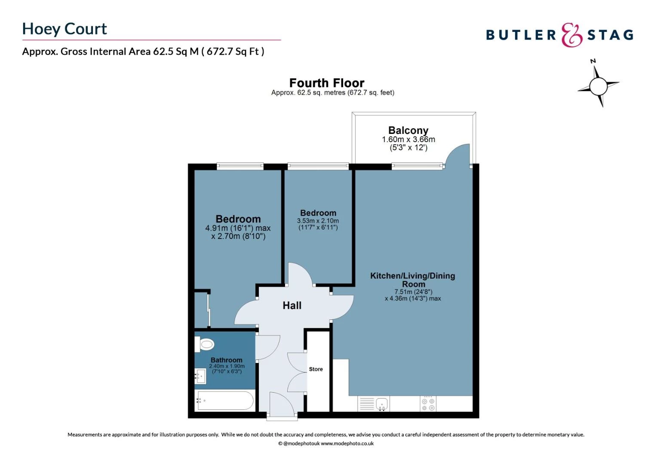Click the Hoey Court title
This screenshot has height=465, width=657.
pyautogui.click(x=64, y=29)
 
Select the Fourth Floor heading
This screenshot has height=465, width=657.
pyautogui.click(x=327, y=83)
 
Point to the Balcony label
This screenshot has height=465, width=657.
pyautogui.click(x=408, y=130)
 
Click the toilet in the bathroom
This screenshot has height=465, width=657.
pyautogui.click(x=205, y=344)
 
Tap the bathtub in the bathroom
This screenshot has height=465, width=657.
pyautogui.click(x=225, y=400)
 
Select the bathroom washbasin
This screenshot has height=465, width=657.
pyautogui.click(x=200, y=376)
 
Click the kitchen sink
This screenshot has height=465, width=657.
pyautogui.click(x=382, y=404)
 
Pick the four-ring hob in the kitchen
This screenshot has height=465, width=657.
pyautogui.click(x=428, y=404)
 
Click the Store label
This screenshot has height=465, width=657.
pyautogui.click(x=316, y=369)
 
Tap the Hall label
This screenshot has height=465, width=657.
pyautogui.click(x=292, y=305)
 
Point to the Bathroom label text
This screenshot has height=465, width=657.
pyautogui.click(x=226, y=360)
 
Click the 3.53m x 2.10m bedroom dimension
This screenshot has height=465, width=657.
pyautogui.click(x=318, y=221)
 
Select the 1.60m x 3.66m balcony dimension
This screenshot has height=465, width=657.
pyautogui.click(x=408, y=139)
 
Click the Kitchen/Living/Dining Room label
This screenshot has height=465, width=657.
pyautogui.click(x=412, y=280)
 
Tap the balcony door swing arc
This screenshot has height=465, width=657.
pyautogui.click(x=457, y=154)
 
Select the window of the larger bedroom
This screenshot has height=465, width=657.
pyautogui.click(x=240, y=165)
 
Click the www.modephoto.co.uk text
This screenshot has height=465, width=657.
pyautogui.click(x=347, y=443)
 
